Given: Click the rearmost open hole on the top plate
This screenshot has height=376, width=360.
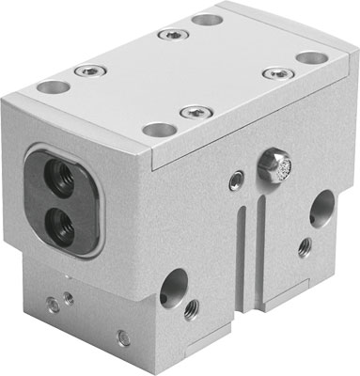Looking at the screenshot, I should click(207, 20).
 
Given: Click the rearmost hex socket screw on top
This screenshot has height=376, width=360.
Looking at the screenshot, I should click(169, 35).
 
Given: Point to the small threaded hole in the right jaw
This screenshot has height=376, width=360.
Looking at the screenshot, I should click(304, 248).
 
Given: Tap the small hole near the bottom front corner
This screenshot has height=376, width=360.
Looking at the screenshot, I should click(122, 337).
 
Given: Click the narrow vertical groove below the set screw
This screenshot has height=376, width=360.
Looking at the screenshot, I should click(242, 235).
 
